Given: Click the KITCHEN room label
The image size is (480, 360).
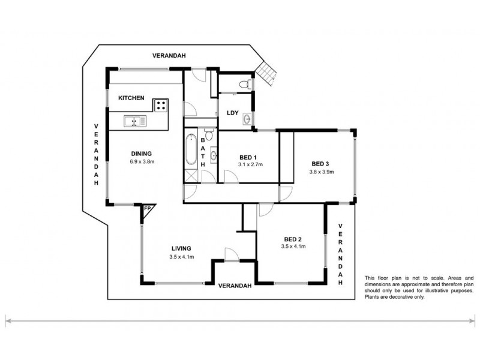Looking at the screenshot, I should pos(131,98).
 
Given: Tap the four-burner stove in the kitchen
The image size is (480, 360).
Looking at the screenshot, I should pos(161,106).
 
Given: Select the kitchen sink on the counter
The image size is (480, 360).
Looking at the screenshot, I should pos(135,122).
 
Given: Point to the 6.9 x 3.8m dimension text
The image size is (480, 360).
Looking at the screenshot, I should pos(142,161).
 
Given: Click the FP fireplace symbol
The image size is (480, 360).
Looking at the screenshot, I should pos(148,209).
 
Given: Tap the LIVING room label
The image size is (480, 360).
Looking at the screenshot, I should pos(180,248).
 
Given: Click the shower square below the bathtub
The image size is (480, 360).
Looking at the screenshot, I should pos(191,176).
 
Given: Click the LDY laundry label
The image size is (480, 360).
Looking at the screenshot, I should pos(233,112).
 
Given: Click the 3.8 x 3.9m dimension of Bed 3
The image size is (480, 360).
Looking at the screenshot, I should pos(321,172).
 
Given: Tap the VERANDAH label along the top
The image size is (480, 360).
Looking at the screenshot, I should pos(169,55).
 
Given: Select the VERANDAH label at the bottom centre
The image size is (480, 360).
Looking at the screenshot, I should pos(234,285).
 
